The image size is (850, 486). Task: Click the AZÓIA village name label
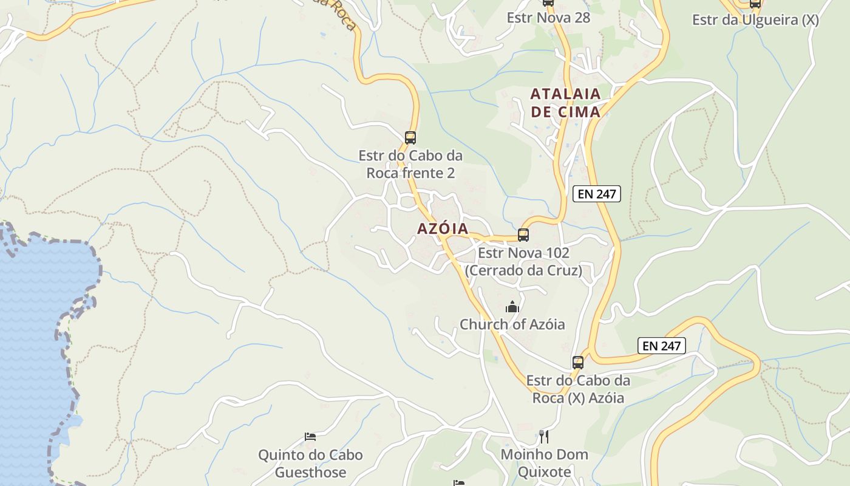tap(443, 229)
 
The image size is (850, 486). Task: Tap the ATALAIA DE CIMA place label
tap(565, 103)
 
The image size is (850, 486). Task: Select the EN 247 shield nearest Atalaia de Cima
tap(596, 194)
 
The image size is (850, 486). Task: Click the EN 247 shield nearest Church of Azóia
tap(662, 346)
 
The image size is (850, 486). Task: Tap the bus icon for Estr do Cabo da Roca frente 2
tap(410, 137)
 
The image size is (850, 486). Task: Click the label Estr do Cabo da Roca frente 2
tap(410, 164)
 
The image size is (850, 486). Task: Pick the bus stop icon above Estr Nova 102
tap(523, 234)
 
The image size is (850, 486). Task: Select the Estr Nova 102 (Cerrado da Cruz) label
tap(523, 261)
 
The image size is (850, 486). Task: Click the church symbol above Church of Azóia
tap(512, 307)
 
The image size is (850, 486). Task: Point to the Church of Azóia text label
tap(512, 324)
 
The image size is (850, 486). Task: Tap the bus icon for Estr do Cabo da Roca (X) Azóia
tap(578, 363)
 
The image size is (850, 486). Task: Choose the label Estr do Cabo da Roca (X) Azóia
tap(578, 389)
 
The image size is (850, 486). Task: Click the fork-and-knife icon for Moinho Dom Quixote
tap(544, 436)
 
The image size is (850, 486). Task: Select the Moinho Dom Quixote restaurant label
tap(544, 463)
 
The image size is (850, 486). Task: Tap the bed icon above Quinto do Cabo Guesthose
tap(310, 436)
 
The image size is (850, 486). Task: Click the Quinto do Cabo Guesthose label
tap(310, 463)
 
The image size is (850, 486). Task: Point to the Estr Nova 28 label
tap(548, 18)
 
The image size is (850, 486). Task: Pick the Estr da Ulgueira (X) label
tap(755, 20)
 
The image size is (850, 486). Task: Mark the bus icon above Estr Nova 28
tap(548, 2)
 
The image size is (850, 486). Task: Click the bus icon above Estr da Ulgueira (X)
tap(755, 4)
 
